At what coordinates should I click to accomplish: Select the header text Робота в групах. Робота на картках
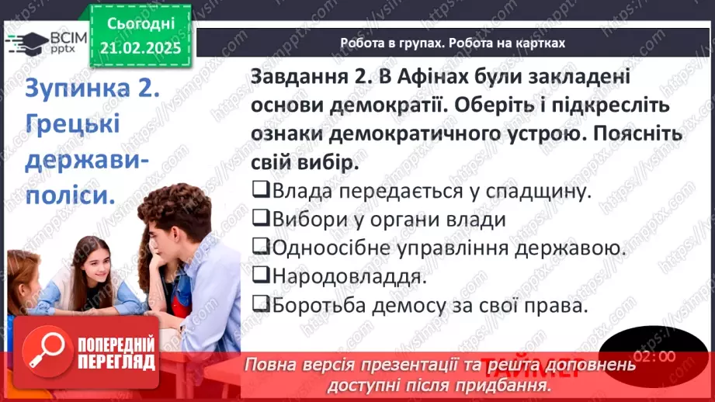(x=453, y=43)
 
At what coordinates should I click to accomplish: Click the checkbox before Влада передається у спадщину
(x=260, y=190)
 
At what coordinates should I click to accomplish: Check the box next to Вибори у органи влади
(x=260, y=220)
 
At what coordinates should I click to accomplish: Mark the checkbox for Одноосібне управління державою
(x=260, y=248)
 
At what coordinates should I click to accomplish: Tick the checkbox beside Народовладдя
(x=260, y=277)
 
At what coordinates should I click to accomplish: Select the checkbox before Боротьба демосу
(x=260, y=306)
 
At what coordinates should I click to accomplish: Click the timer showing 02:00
(x=653, y=356)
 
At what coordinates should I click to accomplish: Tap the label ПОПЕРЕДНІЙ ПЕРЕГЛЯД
(x=117, y=354)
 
